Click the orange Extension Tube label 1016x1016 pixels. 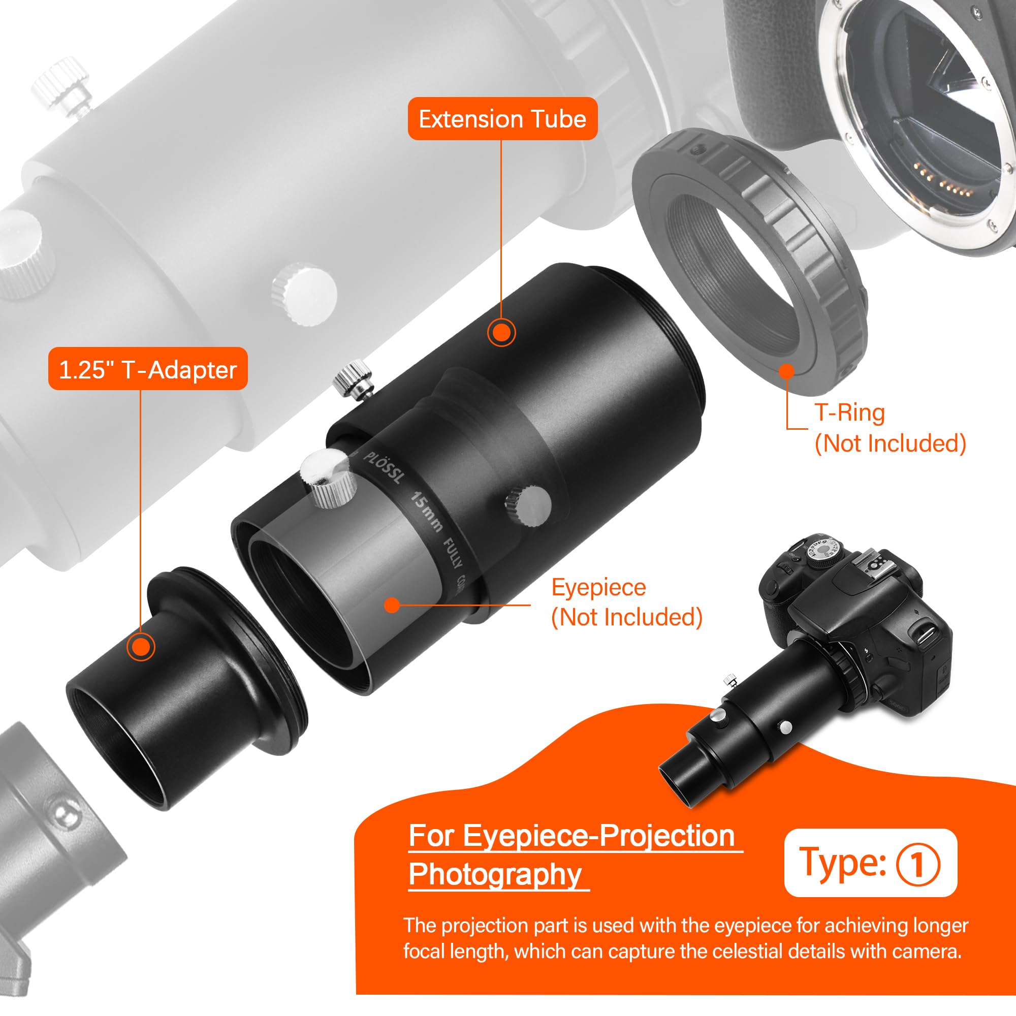pos(502,119)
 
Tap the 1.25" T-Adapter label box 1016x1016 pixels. pos(148,369)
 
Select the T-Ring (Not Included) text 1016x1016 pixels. pos(890,428)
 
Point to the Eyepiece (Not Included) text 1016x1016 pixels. pos(626,601)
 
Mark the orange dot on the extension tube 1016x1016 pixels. pos(501,332)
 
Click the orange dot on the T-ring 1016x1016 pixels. pos(786,372)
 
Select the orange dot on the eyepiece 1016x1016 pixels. pos(392,606)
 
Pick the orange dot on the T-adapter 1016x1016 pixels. pos(140,646)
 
